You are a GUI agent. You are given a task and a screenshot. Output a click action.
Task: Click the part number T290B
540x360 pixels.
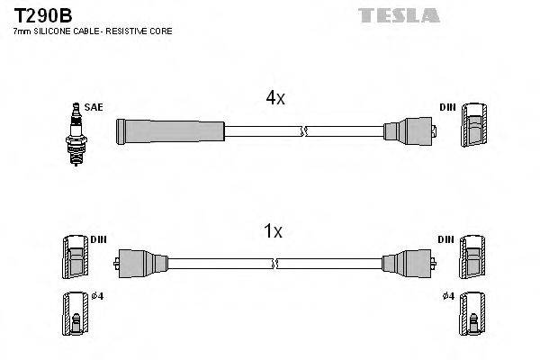[39, 14]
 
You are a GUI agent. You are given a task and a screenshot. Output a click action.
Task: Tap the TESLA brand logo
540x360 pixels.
[399, 15]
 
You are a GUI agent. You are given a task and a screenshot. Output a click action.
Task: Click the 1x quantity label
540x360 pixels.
[272, 231]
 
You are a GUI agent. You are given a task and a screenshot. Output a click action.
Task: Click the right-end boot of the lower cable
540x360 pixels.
[406, 263]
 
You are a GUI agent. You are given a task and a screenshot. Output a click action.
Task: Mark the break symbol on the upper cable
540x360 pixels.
[306, 132]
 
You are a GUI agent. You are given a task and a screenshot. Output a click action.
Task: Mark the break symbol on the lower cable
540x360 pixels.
[274, 263]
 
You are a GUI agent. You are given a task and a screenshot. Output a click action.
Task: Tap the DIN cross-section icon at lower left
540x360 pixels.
[74, 257]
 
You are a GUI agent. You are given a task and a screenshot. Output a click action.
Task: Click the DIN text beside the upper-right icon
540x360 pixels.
[447, 107]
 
